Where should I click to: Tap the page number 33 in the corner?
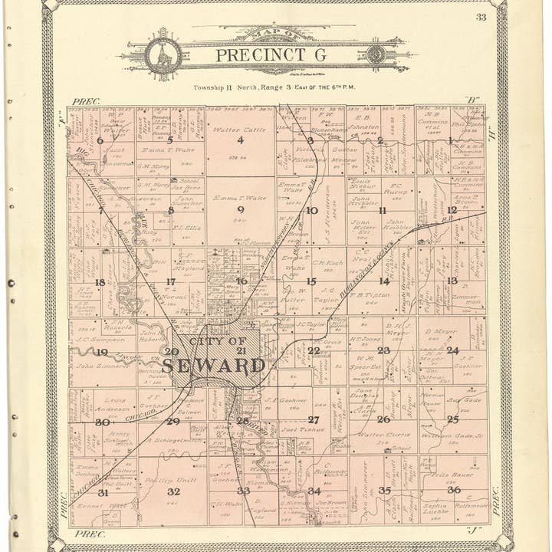481,17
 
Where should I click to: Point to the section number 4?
240,140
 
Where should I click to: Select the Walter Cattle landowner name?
239,130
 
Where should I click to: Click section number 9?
240,209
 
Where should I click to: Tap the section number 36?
454,489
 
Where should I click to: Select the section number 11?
382,210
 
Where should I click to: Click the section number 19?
101,352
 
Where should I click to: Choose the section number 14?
384,281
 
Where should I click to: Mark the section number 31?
102,492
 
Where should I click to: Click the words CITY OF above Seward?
217,341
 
